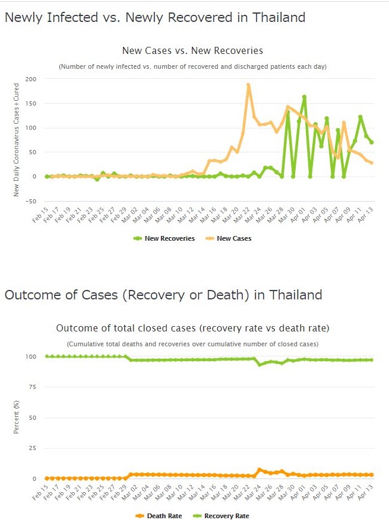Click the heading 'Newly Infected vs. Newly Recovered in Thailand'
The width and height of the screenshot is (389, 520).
(x=155, y=18)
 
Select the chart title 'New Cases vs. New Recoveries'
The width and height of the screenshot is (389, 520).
(x=192, y=51)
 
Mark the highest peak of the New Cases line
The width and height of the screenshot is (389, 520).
(x=248, y=85)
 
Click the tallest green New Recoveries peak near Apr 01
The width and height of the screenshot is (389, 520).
(x=304, y=97)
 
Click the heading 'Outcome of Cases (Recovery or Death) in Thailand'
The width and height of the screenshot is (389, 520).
(x=163, y=295)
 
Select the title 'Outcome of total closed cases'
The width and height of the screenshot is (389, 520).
(x=192, y=328)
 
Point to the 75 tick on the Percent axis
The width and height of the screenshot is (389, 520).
(x=33, y=387)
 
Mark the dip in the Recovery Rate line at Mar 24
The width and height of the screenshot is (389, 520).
(x=260, y=365)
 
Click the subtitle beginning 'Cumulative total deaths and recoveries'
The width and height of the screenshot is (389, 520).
(x=192, y=344)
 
